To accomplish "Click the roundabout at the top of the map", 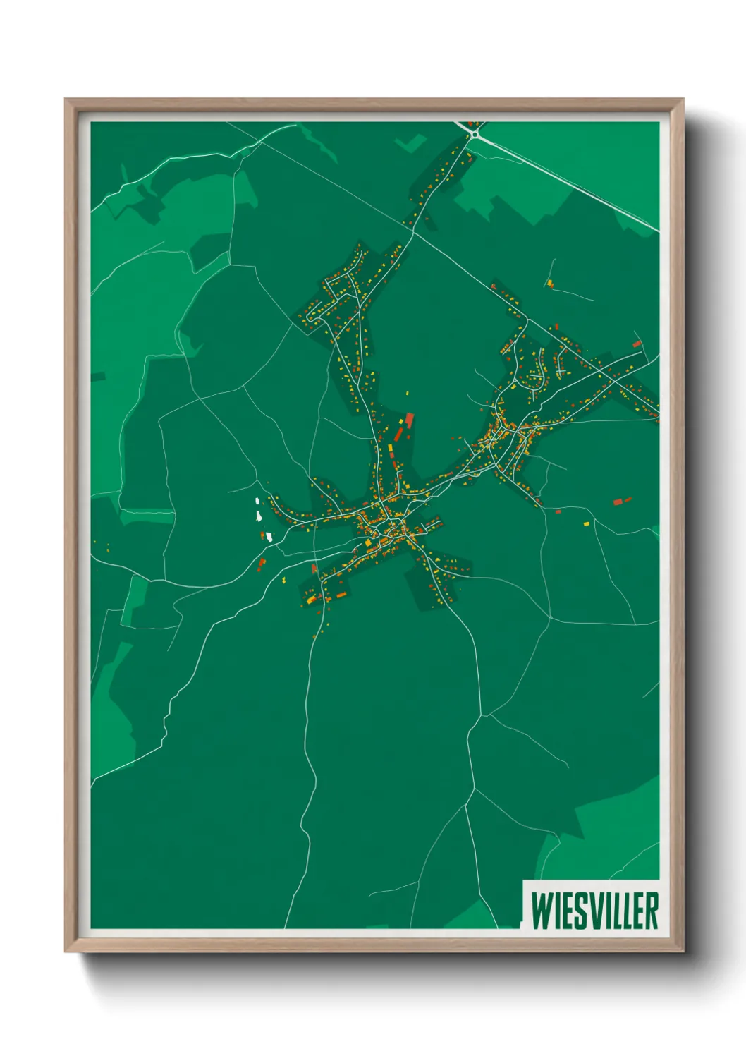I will (x=473, y=128).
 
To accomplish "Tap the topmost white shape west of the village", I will (x=257, y=502).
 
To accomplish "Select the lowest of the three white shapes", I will (x=269, y=536).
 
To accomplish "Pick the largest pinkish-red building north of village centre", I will (x=409, y=420).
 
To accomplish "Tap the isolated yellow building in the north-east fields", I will (x=549, y=283).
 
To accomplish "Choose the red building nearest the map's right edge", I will (x=637, y=344).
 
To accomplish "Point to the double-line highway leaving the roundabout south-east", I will (x=564, y=176).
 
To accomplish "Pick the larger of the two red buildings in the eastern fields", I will (x=618, y=502).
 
